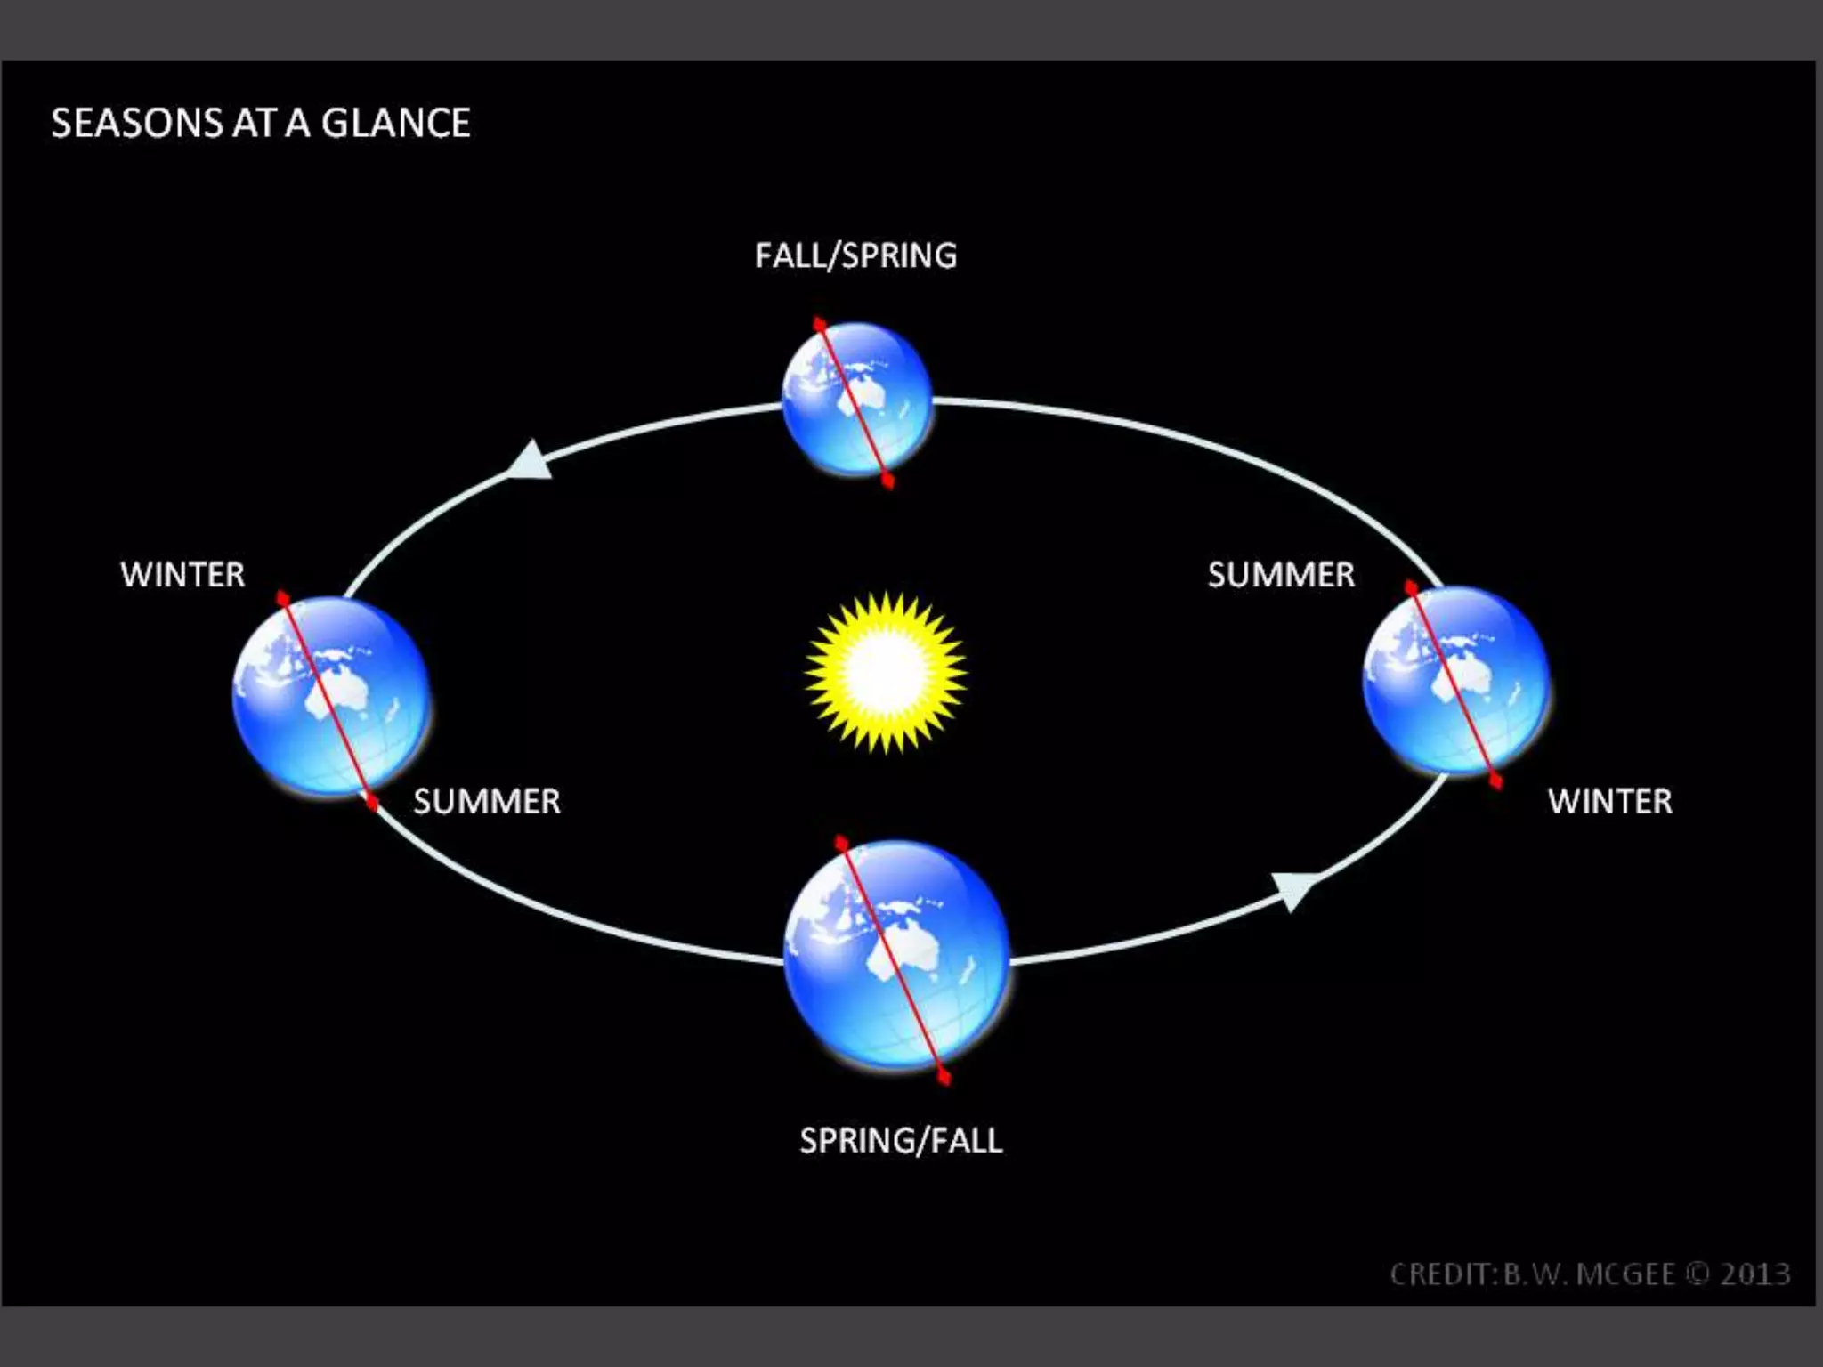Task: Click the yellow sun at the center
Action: [886, 672]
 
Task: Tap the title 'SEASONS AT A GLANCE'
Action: [261, 123]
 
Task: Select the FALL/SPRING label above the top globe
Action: [855, 255]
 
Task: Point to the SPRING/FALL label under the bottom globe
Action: [901, 1140]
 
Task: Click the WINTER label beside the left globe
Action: [182, 574]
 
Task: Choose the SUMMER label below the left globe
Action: [487, 801]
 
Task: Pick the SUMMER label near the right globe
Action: [1281, 574]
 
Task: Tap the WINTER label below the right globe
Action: [1610, 801]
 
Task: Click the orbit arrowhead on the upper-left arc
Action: [531, 461]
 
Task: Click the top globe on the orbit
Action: [856, 399]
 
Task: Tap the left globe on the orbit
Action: [330, 695]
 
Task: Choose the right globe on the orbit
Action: [1456, 680]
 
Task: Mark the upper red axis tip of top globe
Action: [818, 323]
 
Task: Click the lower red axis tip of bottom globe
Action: [944, 1079]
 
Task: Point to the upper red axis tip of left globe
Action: [282, 598]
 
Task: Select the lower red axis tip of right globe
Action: [1496, 781]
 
